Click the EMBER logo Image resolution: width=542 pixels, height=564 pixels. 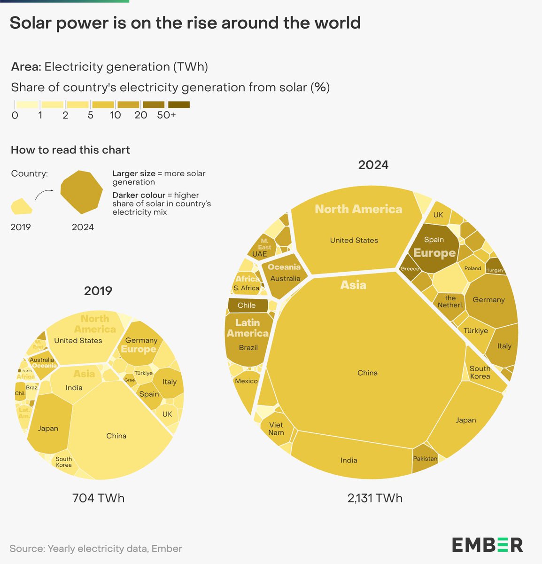pyautogui.click(x=487, y=545)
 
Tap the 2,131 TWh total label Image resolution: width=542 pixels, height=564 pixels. pyautogui.click(x=375, y=498)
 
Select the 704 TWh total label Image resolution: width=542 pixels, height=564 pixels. pyautogui.click(x=98, y=498)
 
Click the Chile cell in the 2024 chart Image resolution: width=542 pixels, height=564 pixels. pyautogui.click(x=247, y=305)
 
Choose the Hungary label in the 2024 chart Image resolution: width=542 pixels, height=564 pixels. pyautogui.click(x=495, y=270)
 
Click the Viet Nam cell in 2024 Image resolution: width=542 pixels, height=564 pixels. pyautogui.click(x=276, y=428)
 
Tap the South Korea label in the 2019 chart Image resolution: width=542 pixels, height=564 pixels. pyautogui.click(x=64, y=462)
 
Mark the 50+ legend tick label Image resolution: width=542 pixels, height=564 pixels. pyautogui.click(x=166, y=115)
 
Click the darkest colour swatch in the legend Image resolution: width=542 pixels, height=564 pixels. pyautogui.click(x=179, y=105)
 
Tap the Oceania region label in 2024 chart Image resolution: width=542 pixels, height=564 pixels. pyautogui.click(x=284, y=267)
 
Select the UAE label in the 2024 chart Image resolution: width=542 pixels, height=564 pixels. pyautogui.click(x=259, y=254)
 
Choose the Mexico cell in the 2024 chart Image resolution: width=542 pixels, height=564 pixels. pyautogui.click(x=246, y=381)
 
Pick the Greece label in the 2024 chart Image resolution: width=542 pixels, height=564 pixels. pyautogui.click(x=410, y=269)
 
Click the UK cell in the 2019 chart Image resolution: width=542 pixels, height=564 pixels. pyautogui.click(x=167, y=414)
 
